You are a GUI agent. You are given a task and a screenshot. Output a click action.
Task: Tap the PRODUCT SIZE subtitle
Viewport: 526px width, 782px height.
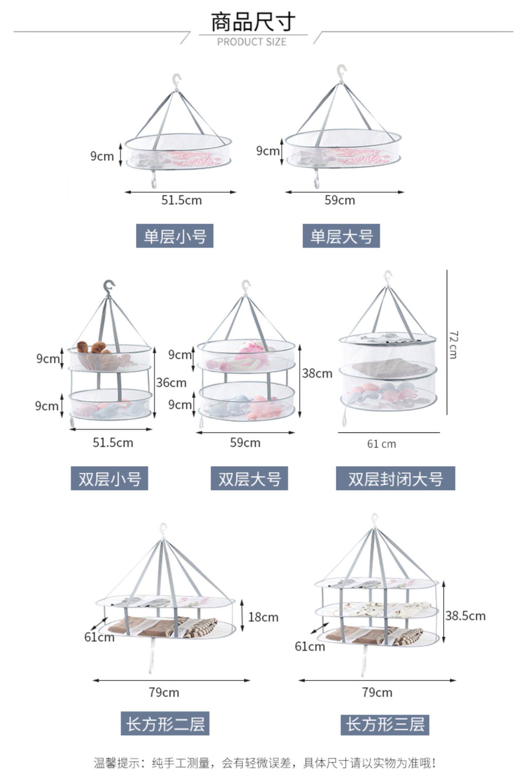click(252, 42)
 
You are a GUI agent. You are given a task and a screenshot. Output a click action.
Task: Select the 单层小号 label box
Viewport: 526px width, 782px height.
click(175, 236)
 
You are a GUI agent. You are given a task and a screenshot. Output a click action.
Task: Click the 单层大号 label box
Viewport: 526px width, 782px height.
click(341, 236)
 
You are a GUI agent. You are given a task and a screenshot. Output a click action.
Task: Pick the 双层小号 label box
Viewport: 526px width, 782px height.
click(109, 478)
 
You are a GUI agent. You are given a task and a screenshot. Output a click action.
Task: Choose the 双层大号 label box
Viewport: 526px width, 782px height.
click(249, 478)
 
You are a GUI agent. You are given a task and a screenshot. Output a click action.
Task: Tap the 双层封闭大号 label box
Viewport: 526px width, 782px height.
click(396, 478)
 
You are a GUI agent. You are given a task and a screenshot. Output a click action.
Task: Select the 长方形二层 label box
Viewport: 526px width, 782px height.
click(165, 723)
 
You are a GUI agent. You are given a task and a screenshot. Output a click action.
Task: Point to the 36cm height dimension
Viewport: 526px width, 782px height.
click(171, 383)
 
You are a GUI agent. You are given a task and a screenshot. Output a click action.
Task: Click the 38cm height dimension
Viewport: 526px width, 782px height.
click(317, 373)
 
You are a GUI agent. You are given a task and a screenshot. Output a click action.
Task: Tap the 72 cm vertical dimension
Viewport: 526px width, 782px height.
click(453, 345)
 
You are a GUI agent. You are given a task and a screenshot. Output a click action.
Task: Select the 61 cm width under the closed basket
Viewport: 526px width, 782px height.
click(382, 444)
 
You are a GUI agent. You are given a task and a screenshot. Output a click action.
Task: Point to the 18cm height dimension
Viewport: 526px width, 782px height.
click(263, 617)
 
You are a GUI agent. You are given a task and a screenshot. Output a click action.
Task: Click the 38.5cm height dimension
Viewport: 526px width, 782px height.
click(465, 616)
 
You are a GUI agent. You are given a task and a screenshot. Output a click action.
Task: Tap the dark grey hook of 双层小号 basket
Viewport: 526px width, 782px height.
click(109, 287)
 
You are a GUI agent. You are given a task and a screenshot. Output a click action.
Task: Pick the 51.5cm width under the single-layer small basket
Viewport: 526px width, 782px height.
click(181, 200)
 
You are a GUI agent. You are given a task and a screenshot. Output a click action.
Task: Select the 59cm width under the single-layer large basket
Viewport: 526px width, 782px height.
click(339, 200)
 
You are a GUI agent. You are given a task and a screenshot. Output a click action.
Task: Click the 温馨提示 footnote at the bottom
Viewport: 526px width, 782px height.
click(265, 763)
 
